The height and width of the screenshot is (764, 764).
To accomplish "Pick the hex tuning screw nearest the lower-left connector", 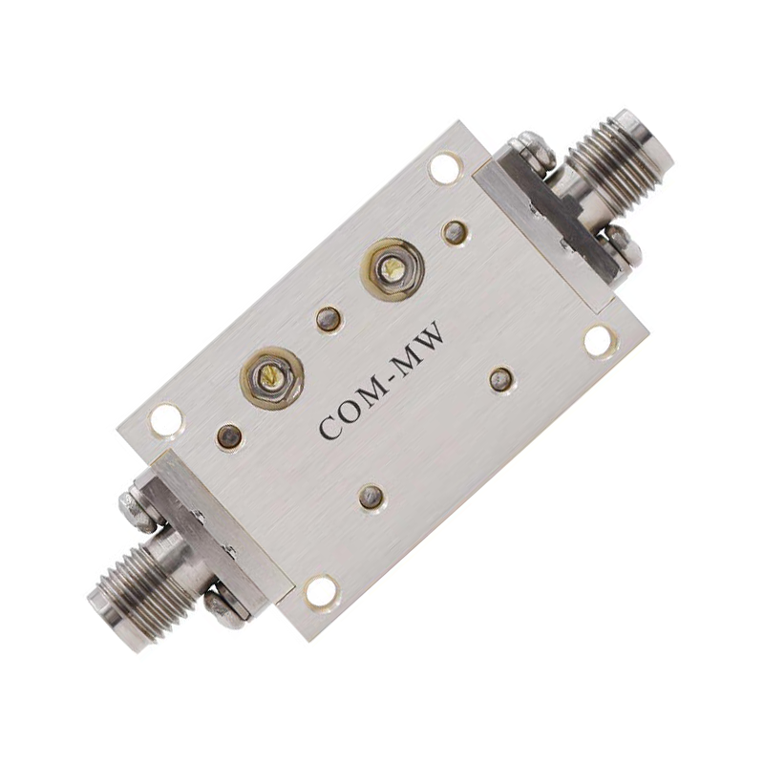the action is (x=272, y=374).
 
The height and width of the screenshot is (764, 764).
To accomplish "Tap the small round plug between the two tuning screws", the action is (x=329, y=320).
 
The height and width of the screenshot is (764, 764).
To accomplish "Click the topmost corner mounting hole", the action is (x=444, y=169).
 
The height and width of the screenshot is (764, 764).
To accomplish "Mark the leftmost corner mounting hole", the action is (x=166, y=419).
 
